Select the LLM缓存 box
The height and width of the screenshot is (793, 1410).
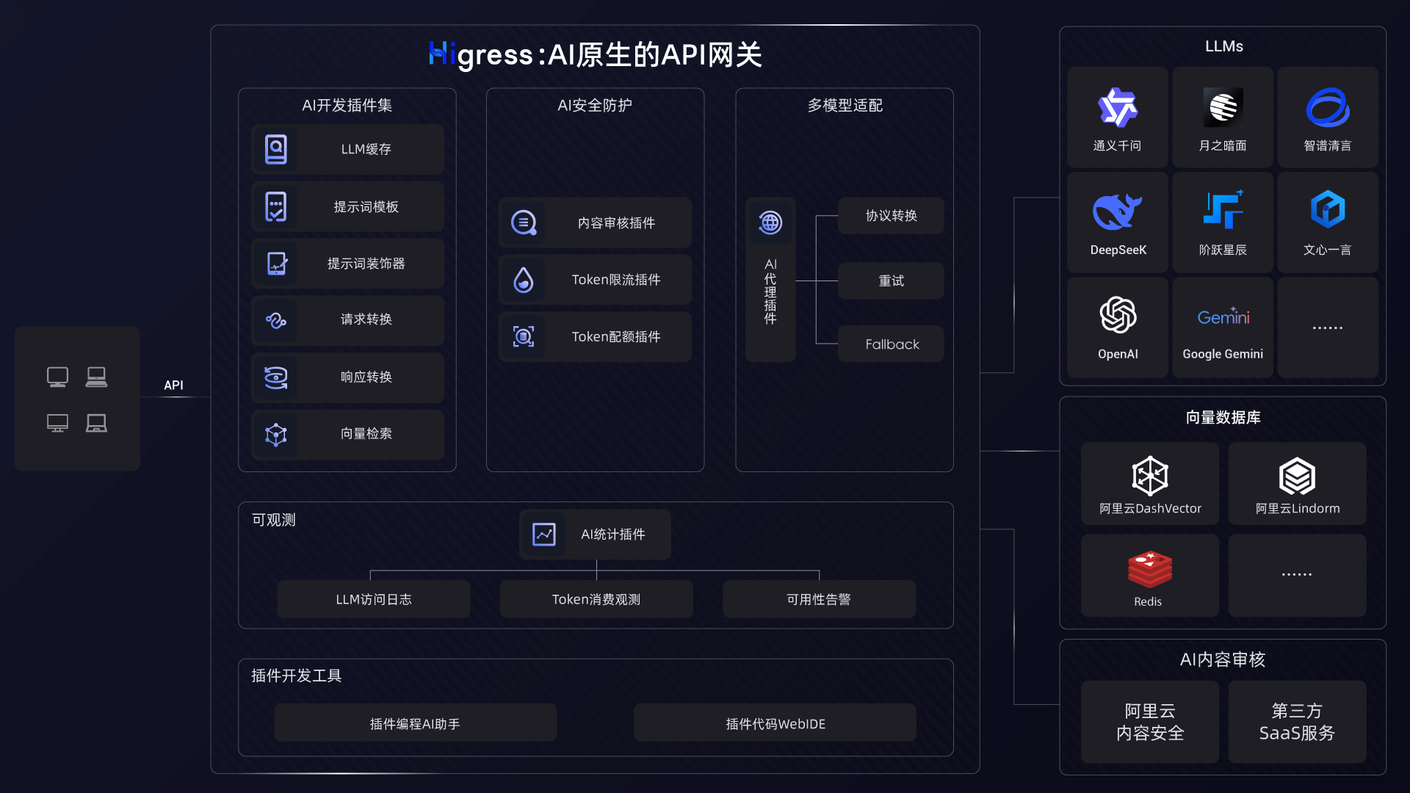(x=347, y=149)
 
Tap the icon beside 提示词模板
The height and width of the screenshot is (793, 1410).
(x=276, y=207)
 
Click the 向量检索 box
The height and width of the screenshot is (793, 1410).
(x=347, y=434)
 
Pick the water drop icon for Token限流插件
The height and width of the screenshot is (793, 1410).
(x=524, y=280)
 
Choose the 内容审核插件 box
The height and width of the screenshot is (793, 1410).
(x=595, y=222)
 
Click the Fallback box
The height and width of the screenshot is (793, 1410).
(x=891, y=344)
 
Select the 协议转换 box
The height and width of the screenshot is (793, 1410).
(x=891, y=216)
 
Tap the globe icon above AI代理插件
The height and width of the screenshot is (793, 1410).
(x=770, y=222)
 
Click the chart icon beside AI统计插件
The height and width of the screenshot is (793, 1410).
(x=544, y=535)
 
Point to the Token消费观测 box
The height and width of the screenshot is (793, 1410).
(x=596, y=599)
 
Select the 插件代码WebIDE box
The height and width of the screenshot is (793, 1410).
(x=775, y=723)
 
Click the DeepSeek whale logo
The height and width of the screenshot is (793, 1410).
(x=1117, y=212)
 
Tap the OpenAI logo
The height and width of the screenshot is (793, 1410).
(x=1118, y=315)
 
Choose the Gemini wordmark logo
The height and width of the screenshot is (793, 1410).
(x=1223, y=316)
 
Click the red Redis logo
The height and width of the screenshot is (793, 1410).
(x=1149, y=569)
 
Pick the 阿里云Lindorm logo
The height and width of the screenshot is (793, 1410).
(x=1297, y=477)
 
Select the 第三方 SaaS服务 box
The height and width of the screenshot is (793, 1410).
(x=1297, y=722)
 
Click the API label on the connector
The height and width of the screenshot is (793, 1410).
(x=173, y=385)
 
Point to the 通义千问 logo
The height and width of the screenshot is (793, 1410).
(x=1117, y=108)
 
